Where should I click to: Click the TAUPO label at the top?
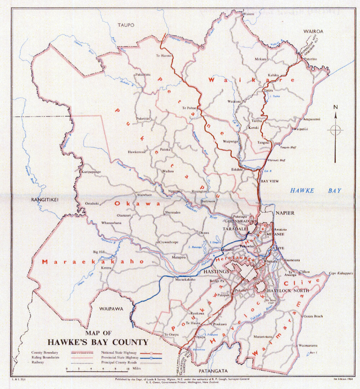point(125,25)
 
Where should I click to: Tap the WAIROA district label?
point(313,32)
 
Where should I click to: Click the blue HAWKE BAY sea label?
point(315,191)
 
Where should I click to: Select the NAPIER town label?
point(285,213)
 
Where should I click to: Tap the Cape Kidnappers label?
point(341,273)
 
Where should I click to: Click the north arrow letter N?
point(336,107)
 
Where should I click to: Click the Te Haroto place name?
point(163,56)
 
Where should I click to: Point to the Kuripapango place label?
point(91,172)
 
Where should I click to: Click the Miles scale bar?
point(96,369)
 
